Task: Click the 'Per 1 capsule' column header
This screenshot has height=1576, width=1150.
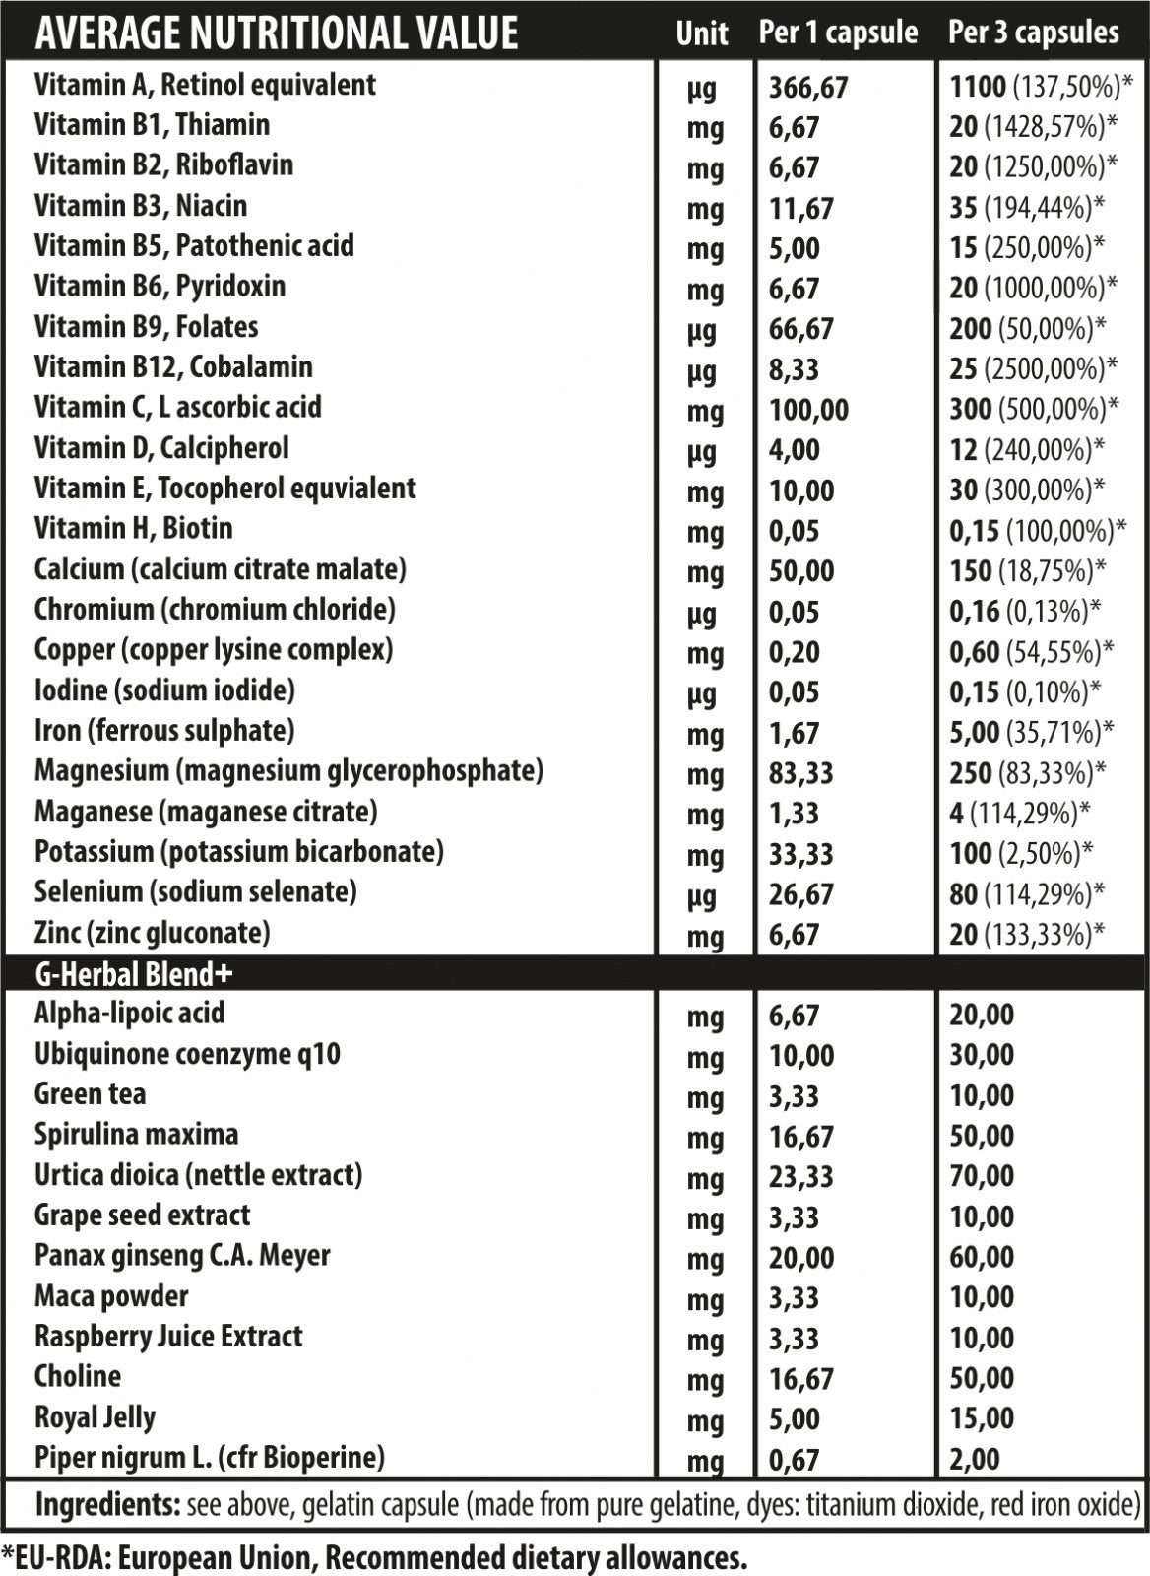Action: click(x=838, y=33)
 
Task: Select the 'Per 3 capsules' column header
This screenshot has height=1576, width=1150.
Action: click(x=1033, y=33)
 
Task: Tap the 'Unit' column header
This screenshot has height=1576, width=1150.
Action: click(x=701, y=33)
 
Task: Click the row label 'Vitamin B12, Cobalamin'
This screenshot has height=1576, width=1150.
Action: click(x=173, y=367)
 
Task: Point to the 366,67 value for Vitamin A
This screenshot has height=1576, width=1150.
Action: click(x=807, y=88)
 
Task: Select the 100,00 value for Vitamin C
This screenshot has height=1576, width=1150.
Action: click(x=807, y=410)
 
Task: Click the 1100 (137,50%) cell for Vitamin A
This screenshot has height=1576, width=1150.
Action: click(x=1040, y=87)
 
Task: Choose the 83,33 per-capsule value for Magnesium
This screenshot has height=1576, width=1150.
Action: click(x=800, y=773)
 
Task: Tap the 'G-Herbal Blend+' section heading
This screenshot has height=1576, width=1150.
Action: click(x=134, y=974)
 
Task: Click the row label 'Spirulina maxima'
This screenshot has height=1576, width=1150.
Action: click(x=136, y=1134)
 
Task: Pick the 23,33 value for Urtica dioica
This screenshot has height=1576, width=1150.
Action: click(x=800, y=1176)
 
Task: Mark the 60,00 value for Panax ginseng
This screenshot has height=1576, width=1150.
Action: click(x=981, y=1257)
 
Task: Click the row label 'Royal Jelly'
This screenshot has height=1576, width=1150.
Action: click(x=95, y=1417)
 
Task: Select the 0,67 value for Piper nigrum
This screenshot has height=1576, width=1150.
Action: click(x=794, y=1459)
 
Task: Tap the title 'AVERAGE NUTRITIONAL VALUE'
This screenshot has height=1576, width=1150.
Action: click(x=276, y=33)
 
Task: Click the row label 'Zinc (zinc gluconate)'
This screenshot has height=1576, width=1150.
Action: click(x=152, y=932)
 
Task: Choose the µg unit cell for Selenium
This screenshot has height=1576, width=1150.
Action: click(x=703, y=895)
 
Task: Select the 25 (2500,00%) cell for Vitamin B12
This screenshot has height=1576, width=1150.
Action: click(x=1033, y=369)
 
